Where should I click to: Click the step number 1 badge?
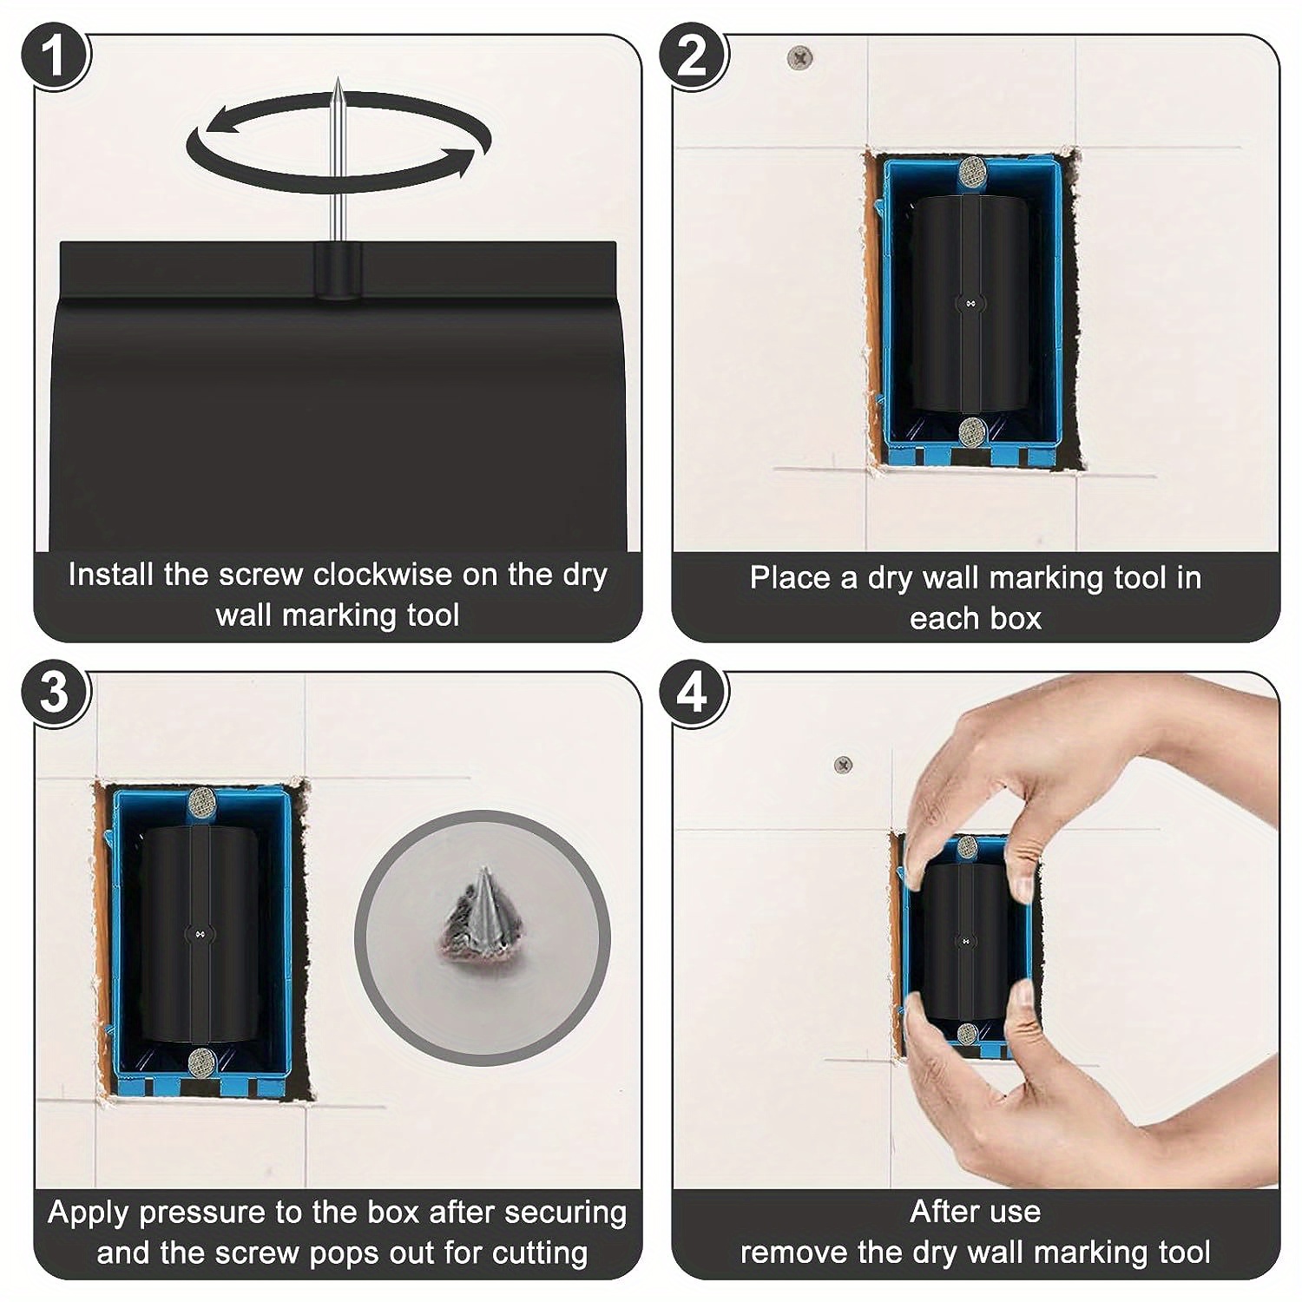[x=54, y=57]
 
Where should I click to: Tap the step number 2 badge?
[x=693, y=57]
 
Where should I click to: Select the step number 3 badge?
[x=54, y=694]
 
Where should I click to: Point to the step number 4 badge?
[x=693, y=694]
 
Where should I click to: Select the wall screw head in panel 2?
[x=799, y=58]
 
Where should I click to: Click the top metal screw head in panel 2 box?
[x=973, y=171]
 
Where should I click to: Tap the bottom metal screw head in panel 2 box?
[x=973, y=430]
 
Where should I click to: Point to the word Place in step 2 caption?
[x=790, y=578]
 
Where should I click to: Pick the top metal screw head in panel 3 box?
[x=202, y=799]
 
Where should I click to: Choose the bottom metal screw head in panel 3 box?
[x=202, y=1060]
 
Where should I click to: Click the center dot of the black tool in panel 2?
[x=970, y=303]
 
